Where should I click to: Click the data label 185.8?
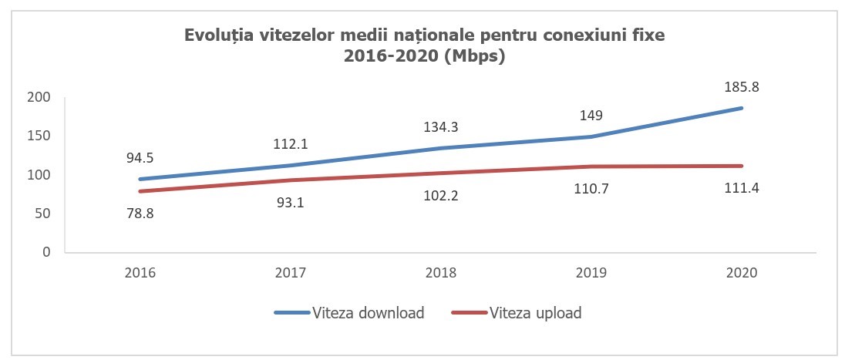tap(742, 88)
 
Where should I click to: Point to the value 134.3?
tap(440, 127)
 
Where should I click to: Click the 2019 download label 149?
tap(591, 116)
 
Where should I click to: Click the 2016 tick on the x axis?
tap(140, 272)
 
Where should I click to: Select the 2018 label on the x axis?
tap(441, 272)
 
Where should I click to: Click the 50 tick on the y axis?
tap(43, 214)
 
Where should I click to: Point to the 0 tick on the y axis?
tap(46, 252)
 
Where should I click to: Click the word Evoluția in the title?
tap(214, 36)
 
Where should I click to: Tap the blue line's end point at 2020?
tap(742, 108)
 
